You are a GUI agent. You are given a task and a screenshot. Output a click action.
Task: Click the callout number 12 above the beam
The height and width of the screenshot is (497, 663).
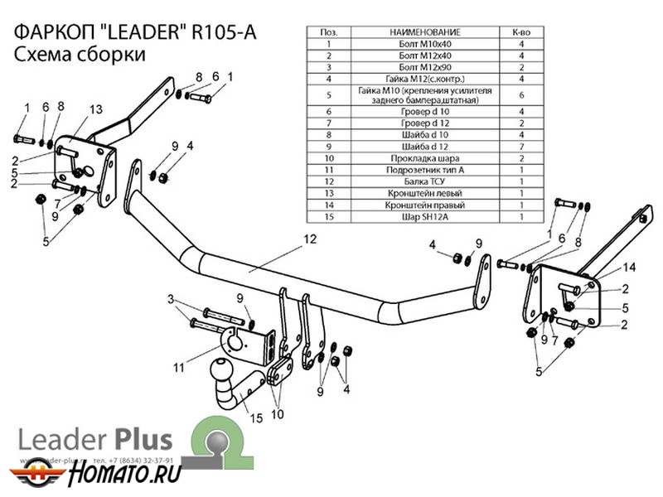click(310, 239)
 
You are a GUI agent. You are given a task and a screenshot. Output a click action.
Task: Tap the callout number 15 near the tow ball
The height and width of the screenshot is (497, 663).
click(257, 419)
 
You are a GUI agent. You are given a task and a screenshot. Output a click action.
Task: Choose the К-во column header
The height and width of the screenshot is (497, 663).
click(521, 31)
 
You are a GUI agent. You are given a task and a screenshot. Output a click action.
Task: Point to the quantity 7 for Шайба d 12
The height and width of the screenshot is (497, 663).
click(521, 146)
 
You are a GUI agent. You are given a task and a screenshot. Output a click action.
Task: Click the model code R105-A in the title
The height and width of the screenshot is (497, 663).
click(224, 33)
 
